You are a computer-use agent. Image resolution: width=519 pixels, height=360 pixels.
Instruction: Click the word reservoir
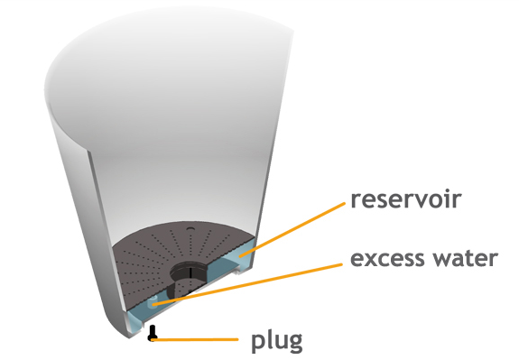(x=406, y=199)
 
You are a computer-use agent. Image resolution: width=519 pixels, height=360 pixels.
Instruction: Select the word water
(x=462, y=259)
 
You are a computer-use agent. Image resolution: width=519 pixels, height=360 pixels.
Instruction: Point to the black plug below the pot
(x=152, y=333)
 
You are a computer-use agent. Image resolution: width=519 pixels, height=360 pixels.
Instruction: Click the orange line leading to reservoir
(x=292, y=229)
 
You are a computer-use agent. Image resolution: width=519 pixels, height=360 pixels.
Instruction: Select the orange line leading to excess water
(x=247, y=284)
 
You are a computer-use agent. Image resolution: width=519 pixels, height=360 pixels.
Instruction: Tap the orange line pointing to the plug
(x=195, y=339)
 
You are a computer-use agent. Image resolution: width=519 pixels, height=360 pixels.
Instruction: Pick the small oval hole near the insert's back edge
(x=190, y=228)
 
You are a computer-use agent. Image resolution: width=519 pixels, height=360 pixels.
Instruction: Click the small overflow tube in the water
(x=153, y=301)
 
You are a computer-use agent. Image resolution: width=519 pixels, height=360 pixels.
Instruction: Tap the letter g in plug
(x=294, y=344)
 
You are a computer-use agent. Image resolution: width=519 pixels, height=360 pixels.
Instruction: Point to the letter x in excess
(x=371, y=260)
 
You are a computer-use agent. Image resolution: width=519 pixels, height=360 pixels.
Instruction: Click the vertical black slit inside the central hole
(x=190, y=272)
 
